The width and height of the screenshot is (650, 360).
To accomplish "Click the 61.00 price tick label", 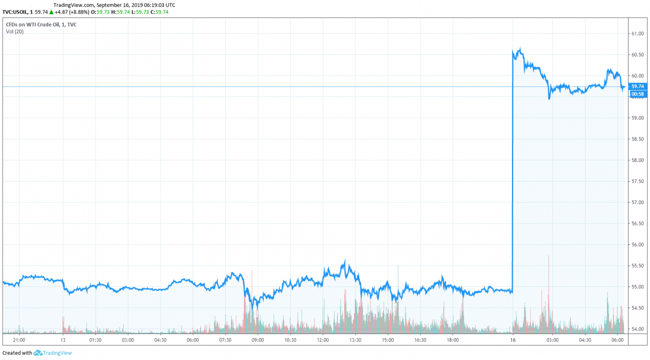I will (x=638, y=33).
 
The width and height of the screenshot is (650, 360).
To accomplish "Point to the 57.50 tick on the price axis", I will (x=638, y=181).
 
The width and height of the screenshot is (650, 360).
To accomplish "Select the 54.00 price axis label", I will (x=638, y=329).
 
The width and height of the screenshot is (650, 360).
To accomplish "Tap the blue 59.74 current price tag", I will (x=637, y=86).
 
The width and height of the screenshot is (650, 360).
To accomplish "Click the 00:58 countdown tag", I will (x=637, y=93).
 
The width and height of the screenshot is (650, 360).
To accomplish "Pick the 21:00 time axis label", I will (x=19, y=340).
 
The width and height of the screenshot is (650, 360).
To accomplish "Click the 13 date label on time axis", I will (x=63, y=340).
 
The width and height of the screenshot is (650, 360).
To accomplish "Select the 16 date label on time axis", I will (x=512, y=340).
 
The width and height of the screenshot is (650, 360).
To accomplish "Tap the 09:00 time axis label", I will (x=257, y=340).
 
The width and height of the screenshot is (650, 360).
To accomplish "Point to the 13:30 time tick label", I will (x=355, y=340).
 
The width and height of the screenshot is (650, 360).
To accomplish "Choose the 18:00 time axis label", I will (x=452, y=340).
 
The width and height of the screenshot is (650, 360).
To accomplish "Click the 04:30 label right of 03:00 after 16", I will (x=584, y=340).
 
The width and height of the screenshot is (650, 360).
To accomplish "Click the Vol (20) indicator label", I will (x=14, y=31).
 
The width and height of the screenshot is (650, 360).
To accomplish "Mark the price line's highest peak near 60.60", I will (x=520, y=48).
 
